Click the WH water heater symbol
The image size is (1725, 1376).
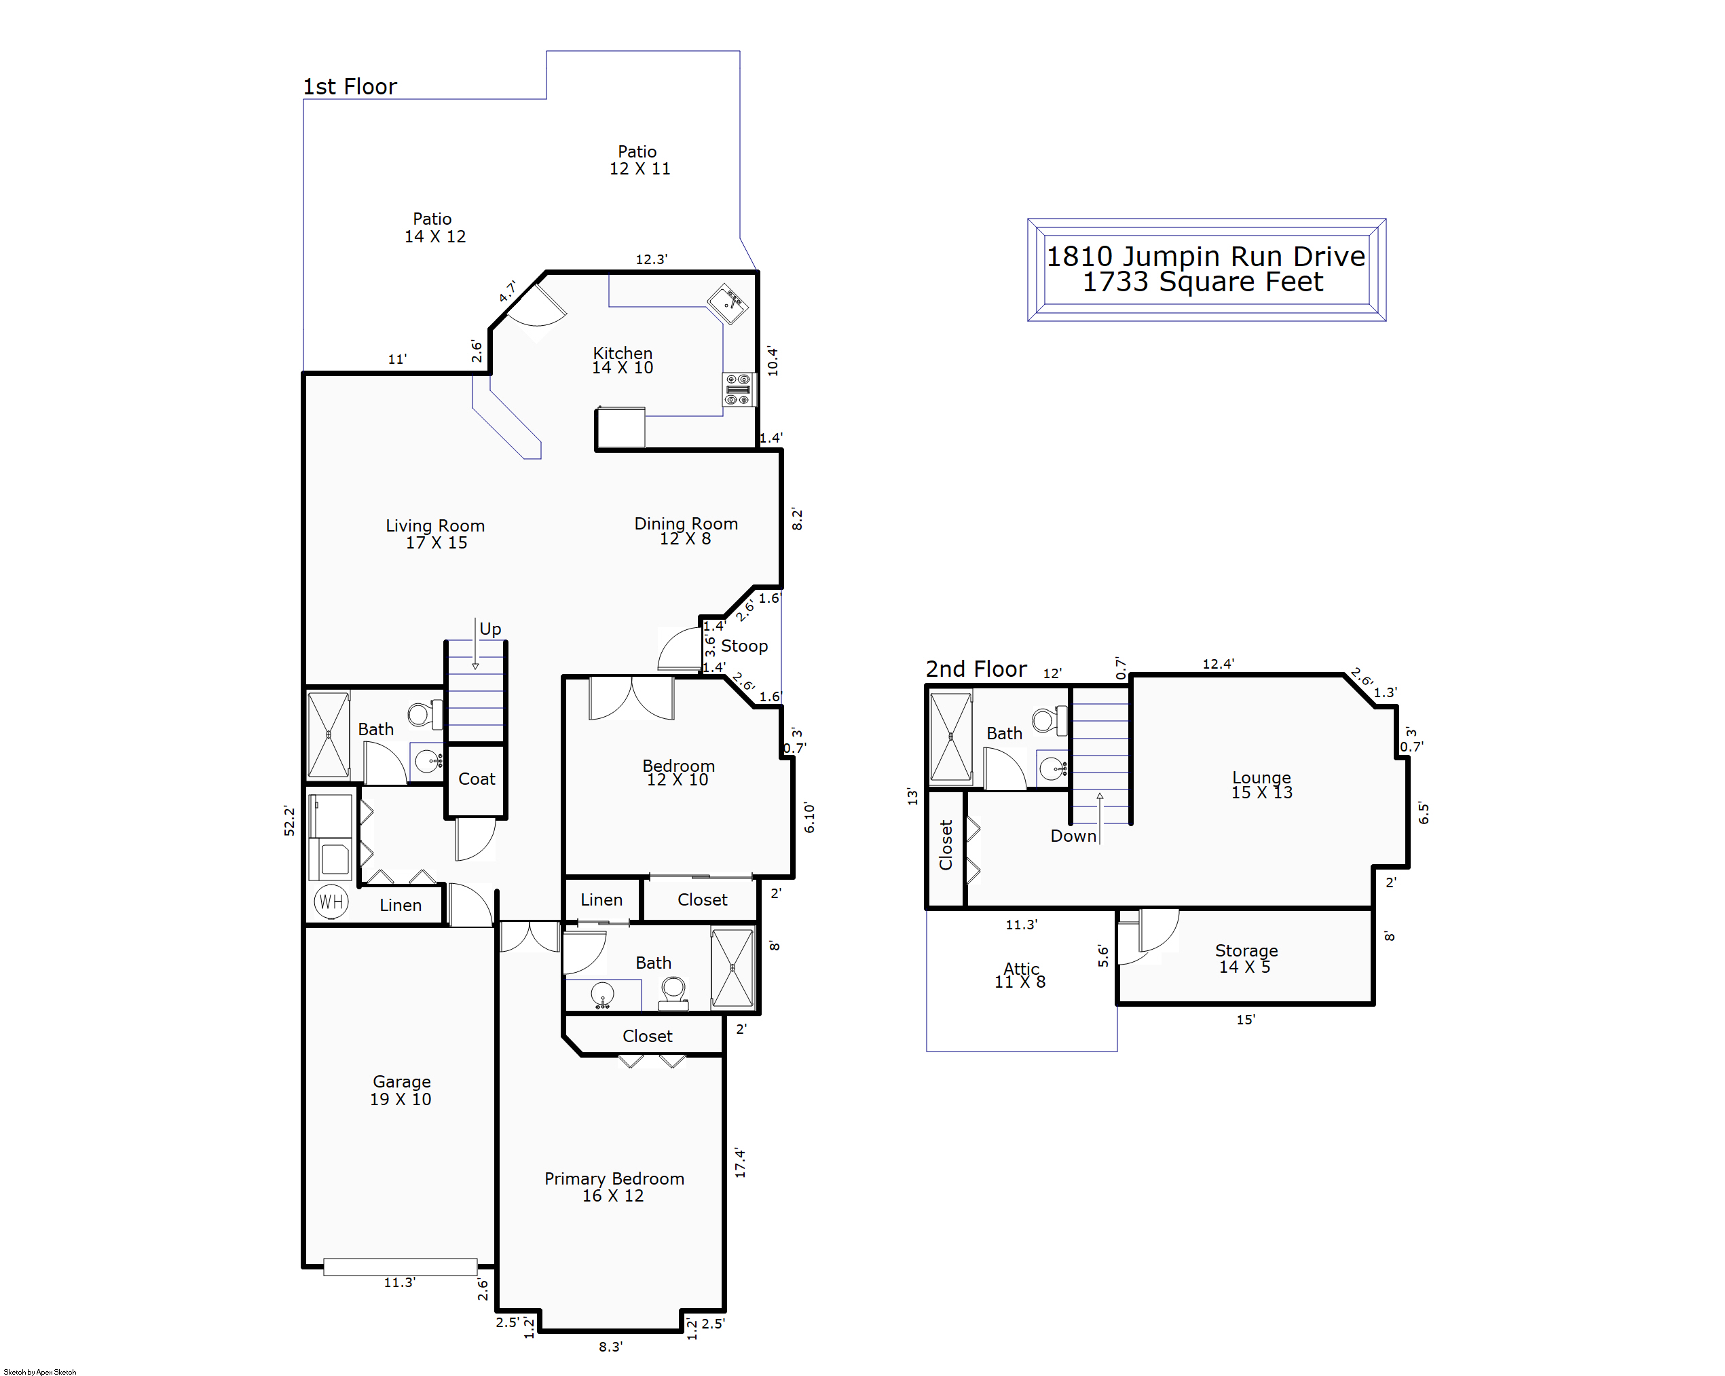point(331,901)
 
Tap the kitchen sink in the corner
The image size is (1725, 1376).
point(727,303)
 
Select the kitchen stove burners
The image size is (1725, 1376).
point(738,390)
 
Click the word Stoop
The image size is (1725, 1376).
point(744,646)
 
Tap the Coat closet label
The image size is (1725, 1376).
point(477,779)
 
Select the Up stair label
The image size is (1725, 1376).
point(490,629)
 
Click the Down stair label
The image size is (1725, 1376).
point(1073,836)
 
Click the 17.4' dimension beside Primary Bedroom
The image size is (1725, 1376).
point(740,1162)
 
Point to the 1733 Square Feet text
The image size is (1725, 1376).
point(1202,282)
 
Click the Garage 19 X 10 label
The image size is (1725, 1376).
point(401,1090)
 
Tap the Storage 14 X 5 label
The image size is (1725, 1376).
point(1246,959)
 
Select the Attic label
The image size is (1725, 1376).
point(1021,968)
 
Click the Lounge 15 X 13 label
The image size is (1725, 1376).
point(1262,785)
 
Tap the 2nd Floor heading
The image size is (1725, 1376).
point(976,669)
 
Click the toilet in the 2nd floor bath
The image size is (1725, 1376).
point(1049,720)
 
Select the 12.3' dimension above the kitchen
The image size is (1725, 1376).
point(651,259)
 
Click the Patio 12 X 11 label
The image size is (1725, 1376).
point(639,160)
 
